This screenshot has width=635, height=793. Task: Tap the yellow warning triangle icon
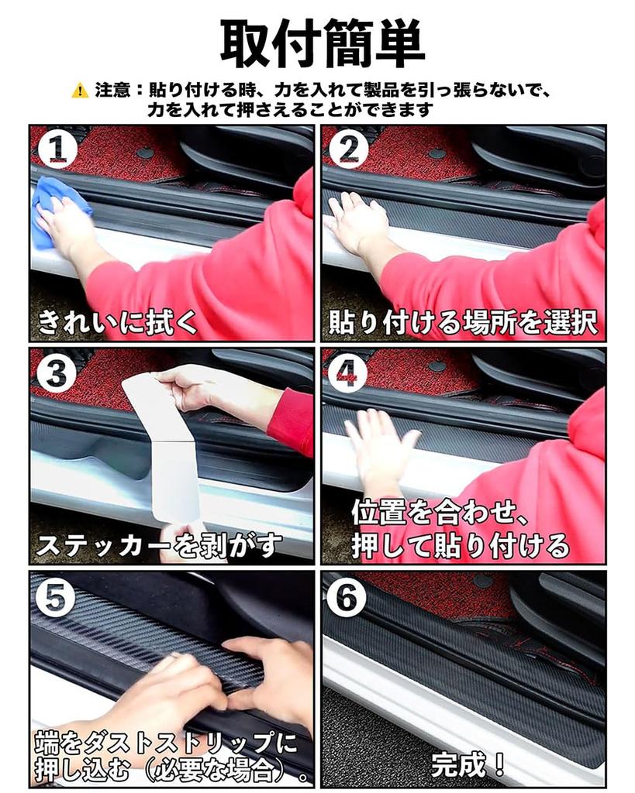click(x=80, y=91)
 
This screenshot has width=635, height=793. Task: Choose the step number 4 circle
click(x=348, y=374)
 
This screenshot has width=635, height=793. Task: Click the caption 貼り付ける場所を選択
click(x=463, y=321)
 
